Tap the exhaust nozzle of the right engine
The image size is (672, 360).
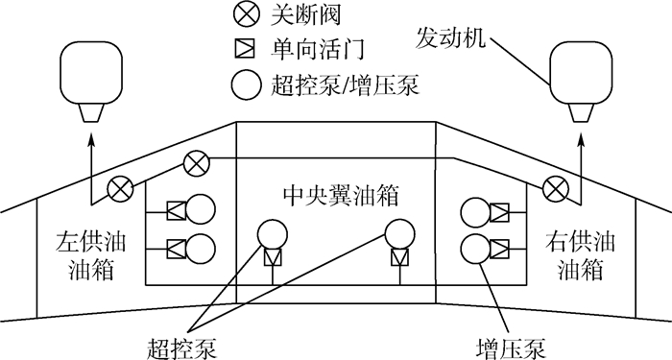[581, 111]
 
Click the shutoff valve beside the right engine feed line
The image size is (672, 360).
[555, 187]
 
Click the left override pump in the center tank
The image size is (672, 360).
[273, 234]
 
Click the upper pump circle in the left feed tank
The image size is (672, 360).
[201, 210]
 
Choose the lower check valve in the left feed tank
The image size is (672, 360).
[175, 249]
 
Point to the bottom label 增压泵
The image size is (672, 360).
[506, 342]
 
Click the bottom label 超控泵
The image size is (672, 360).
[177, 342]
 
